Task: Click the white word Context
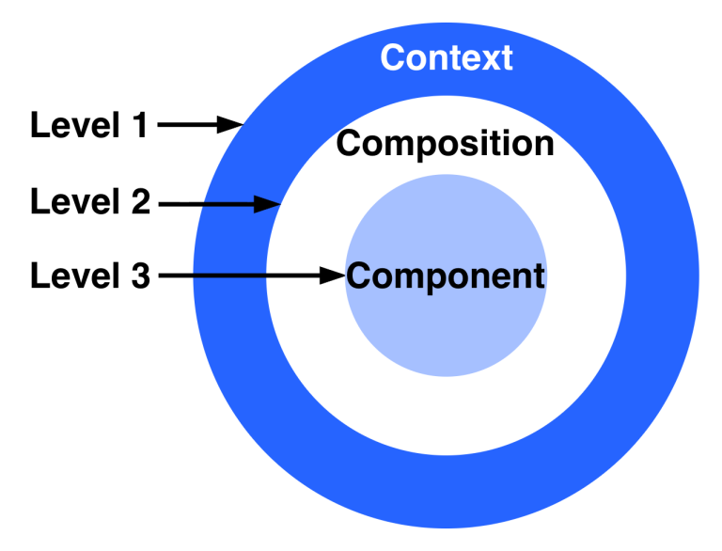pos(447,57)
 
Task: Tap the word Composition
pos(445,144)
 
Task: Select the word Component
pos(446,276)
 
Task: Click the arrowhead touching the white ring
pos(268,203)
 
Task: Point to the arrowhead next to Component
pos(333,275)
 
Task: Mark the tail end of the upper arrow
pos(202,203)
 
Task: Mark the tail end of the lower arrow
pos(195,275)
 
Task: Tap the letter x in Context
pos(491,58)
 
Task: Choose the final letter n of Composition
pos(542,145)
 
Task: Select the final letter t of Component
pos(539,276)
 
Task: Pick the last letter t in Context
pos(507,58)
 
